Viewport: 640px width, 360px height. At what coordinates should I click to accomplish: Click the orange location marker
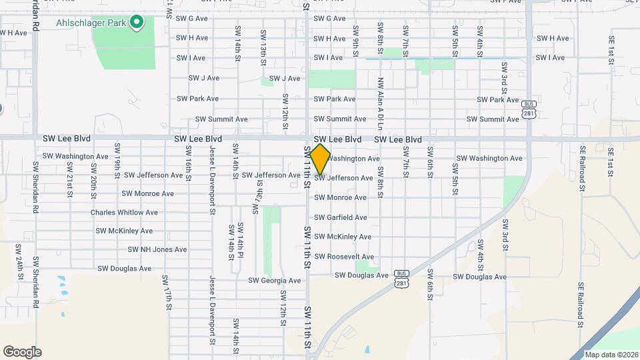pos(321,159)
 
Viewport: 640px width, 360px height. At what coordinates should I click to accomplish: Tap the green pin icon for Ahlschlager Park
pos(137,23)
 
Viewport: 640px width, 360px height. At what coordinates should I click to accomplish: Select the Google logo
pos(22,352)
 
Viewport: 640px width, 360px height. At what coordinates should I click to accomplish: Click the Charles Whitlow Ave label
pos(124,213)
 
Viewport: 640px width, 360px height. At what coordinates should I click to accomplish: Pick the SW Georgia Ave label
pos(276,281)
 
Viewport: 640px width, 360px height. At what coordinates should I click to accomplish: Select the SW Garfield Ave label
pos(340,217)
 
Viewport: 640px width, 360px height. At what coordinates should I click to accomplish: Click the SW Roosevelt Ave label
pos(344,257)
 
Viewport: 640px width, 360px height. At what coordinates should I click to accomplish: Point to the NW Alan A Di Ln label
pos(380,103)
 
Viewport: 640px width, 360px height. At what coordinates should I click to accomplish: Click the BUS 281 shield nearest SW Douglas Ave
pos(401,278)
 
